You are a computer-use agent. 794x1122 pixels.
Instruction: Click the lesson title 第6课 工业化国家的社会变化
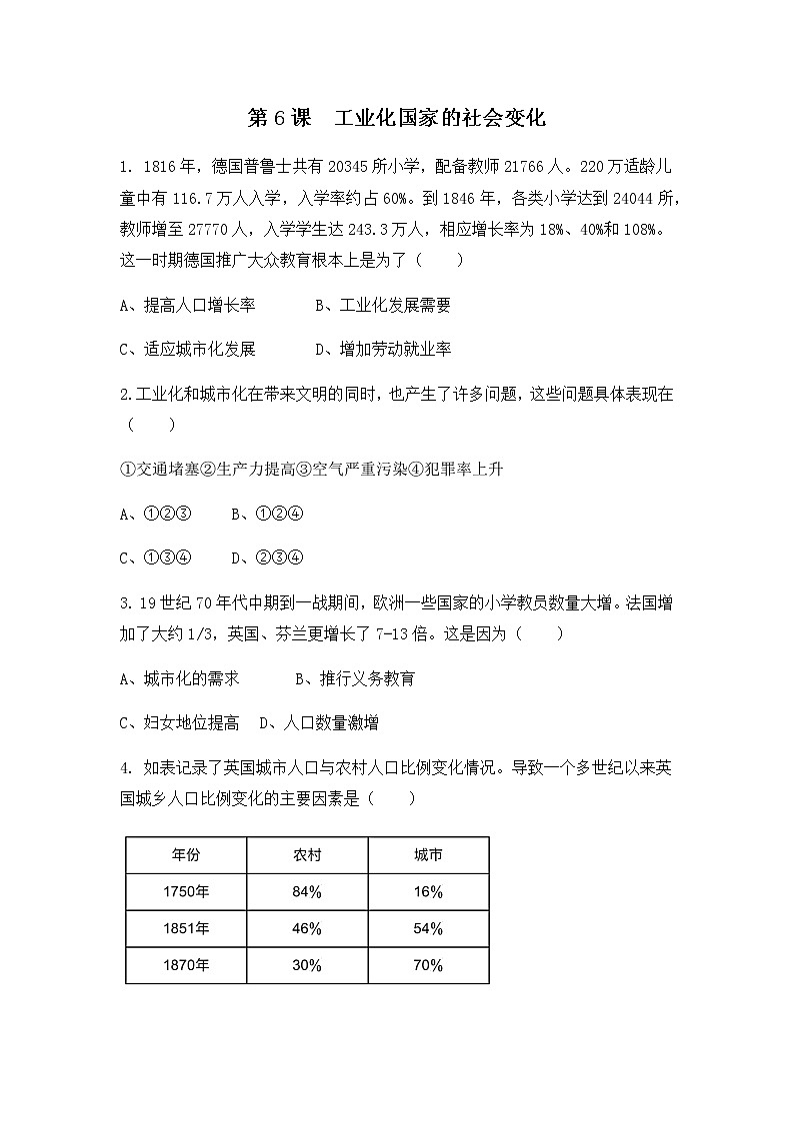point(396,118)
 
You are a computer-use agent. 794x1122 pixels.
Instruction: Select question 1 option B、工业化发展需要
point(382,305)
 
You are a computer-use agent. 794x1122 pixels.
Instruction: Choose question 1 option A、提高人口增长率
point(187,305)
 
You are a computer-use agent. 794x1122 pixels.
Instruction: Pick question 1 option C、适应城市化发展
point(187,349)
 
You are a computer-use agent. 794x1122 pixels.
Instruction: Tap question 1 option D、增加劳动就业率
point(382,349)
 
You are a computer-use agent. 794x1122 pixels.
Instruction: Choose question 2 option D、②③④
point(267,558)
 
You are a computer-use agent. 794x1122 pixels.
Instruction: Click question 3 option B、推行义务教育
point(354,679)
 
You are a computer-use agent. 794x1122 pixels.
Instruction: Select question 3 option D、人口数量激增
point(318,722)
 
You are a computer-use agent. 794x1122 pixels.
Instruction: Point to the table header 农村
point(307,855)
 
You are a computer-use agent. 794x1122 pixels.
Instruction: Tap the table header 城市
point(428,855)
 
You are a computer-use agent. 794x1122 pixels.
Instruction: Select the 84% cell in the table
point(307,892)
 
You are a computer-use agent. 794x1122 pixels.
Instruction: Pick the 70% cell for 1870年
point(428,965)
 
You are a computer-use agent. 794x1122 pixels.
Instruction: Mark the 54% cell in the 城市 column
point(428,928)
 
